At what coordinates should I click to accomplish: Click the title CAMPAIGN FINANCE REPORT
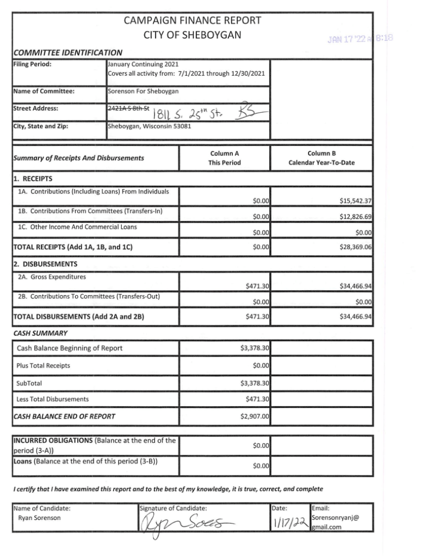click(193, 21)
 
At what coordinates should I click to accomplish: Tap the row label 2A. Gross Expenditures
click(51, 277)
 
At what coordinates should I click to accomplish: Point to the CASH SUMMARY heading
click(39, 332)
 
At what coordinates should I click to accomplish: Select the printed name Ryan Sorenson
click(39, 518)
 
